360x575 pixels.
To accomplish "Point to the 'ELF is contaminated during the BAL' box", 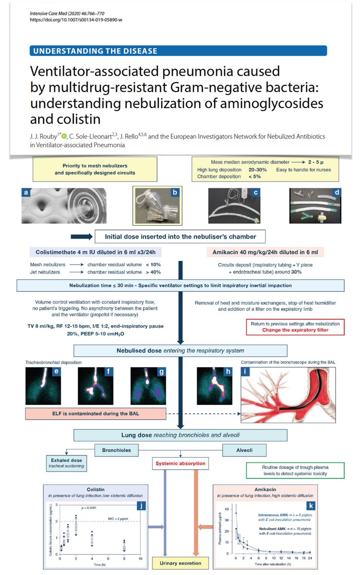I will (96, 412).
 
